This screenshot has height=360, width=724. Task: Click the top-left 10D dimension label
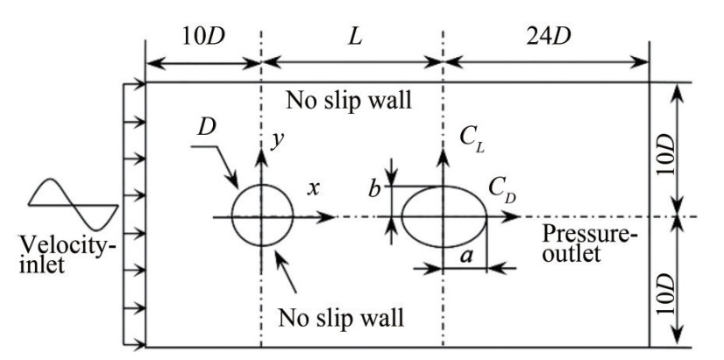click(202, 39)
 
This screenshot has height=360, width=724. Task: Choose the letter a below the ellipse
click(465, 256)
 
